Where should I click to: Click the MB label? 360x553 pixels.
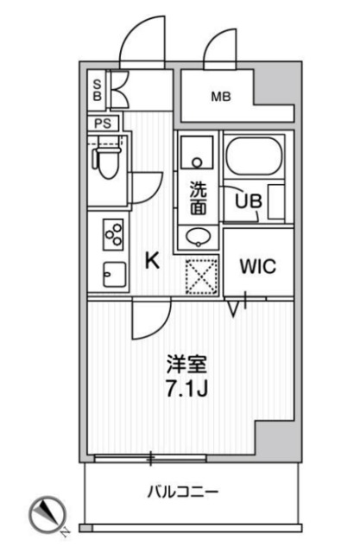[221, 97]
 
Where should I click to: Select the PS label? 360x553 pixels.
[103, 123]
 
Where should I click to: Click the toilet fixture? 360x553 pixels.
[108, 162]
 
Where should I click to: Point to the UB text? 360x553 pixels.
[249, 200]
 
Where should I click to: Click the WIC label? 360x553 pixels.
[258, 266]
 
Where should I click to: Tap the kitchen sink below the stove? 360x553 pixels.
[112, 275]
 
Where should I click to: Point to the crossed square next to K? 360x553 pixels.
[201, 278]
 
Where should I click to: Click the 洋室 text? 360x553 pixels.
[186, 364]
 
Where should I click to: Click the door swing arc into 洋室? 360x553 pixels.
[148, 322]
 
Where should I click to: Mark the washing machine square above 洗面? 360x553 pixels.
[199, 156]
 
